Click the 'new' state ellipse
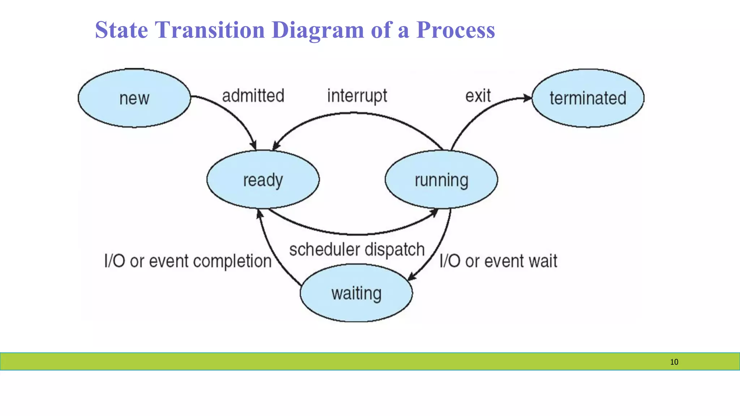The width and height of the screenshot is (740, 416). (134, 98)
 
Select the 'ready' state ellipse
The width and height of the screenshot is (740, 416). (263, 179)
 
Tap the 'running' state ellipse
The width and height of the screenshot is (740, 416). (441, 179)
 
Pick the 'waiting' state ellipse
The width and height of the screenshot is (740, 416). (356, 293)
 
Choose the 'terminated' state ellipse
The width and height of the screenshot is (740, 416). (588, 98)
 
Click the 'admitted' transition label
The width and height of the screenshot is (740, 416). (253, 96)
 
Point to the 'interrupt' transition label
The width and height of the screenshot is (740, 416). (357, 96)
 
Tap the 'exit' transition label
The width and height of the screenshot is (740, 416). (478, 96)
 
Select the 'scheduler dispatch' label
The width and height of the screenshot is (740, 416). (357, 250)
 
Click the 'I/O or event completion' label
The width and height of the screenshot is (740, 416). (188, 261)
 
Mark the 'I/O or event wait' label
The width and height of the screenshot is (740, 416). (498, 261)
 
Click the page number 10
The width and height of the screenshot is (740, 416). (674, 362)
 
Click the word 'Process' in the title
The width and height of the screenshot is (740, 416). (455, 30)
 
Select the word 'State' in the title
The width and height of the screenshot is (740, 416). (121, 30)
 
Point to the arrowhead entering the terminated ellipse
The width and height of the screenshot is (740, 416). (528, 98)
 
